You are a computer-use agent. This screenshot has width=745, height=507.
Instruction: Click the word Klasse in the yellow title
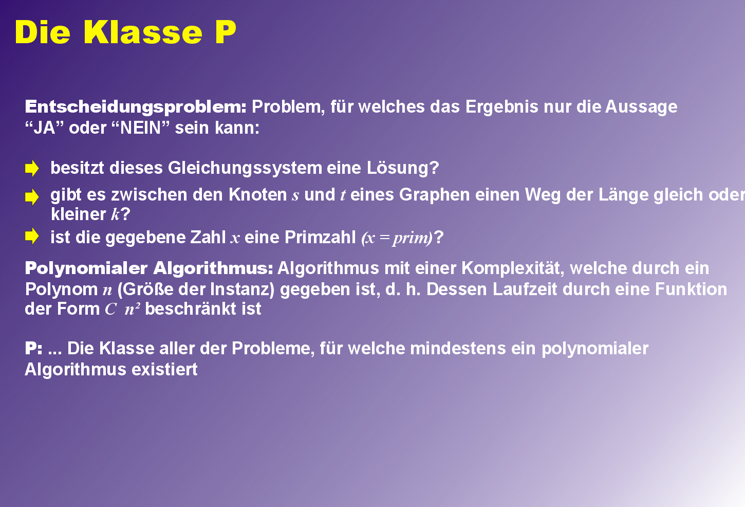pos(143,32)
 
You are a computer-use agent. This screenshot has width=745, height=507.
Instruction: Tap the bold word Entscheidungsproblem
pos(136,107)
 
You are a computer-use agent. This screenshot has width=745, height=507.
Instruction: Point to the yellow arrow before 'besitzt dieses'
pos(32,168)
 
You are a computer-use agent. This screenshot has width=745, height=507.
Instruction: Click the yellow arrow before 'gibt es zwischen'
pos(32,197)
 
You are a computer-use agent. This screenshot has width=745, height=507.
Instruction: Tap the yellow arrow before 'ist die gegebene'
pos(32,237)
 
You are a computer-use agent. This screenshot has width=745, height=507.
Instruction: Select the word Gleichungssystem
pos(245,168)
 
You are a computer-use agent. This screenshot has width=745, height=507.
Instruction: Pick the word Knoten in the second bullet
pos(257,195)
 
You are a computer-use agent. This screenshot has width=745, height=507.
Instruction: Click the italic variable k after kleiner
pos(115,214)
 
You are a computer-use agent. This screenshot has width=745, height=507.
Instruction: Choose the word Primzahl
pos(320,238)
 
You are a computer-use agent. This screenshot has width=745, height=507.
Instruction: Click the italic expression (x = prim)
pos(397,238)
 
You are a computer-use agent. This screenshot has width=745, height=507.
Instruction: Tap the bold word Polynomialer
pos(86,268)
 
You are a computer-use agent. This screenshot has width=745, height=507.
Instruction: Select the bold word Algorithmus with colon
pos(213,268)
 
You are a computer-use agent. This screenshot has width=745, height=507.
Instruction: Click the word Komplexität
pos(513,268)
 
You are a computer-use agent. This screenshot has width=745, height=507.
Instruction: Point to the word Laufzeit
pos(525,289)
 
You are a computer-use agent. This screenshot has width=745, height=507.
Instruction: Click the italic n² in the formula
pos(132,309)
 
